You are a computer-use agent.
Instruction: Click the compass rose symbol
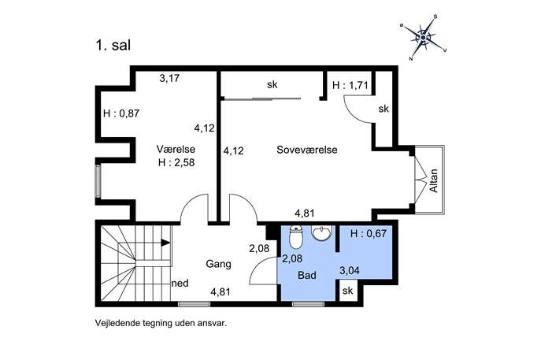(x=424, y=37)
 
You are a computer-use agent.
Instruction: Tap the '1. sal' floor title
(x=113, y=46)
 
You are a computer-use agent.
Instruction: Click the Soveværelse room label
(x=307, y=150)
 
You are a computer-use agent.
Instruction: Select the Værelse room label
(x=176, y=149)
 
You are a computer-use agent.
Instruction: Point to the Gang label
(x=218, y=264)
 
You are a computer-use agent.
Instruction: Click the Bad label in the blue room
(x=307, y=275)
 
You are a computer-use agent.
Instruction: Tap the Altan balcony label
(x=433, y=180)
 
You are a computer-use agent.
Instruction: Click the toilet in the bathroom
(x=295, y=237)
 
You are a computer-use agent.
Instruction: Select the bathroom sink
(x=321, y=232)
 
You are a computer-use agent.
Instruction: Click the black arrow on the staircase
(x=165, y=243)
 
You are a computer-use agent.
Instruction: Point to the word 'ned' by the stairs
(x=180, y=284)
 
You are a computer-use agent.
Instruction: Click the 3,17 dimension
(x=169, y=78)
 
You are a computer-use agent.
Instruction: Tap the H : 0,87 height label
(x=121, y=113)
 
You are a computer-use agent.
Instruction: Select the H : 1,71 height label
(x=350, y=85)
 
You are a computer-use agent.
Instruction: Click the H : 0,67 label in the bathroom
(x=368, y=234)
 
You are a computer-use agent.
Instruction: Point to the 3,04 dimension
(x=350, y=271)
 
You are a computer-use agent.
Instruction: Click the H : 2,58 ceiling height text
(x=176, y=162)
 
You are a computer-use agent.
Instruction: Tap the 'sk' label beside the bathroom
(x=348, y=291)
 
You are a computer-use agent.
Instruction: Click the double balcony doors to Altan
(x=420, y=180)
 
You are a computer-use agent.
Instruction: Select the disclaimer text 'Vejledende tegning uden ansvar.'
(x=161, y=324)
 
